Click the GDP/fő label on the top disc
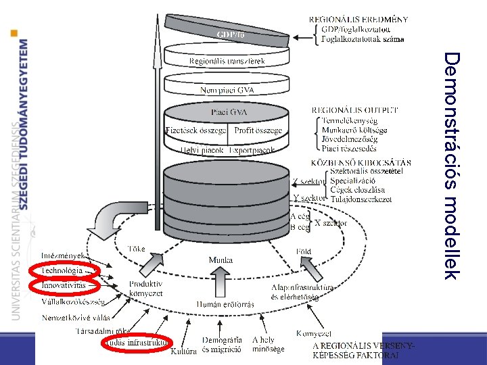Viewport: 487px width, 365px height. click(x=231, y=33)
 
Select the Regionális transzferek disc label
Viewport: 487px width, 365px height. click(x=227, y=61)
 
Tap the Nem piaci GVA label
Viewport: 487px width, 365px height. click(x=227, y=89)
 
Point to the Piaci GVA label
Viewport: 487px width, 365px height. click(x=227, y=112)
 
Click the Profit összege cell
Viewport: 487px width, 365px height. click(x=258, y=130)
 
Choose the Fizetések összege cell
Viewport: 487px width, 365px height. click(x=196, y=130)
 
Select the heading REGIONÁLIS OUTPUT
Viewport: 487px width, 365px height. click(x=354, y=109)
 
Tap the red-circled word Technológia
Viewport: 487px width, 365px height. click(x=62, y=270)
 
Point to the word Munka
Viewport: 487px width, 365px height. click(x=221, y=260)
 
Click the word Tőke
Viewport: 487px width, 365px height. click(x=137, y=249)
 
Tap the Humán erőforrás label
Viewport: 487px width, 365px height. click(x=225, y=304)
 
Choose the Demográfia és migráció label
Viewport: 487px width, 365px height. click(x=223, y=344)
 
